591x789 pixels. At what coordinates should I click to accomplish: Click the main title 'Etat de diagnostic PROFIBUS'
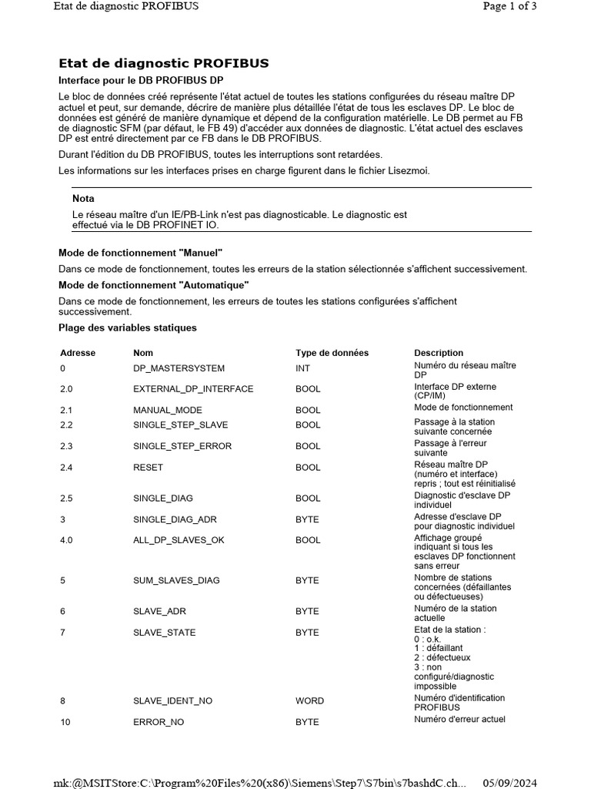tap(164, 63)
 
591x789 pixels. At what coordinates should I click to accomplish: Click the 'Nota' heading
tap(83, 199)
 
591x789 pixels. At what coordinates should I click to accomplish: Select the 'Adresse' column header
tap(78, 353)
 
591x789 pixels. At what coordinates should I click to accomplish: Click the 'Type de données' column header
tap(332, 353)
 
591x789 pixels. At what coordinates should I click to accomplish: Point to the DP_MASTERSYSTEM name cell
tap(179, 369)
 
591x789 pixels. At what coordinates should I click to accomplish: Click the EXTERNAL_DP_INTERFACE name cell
tap(193, 389)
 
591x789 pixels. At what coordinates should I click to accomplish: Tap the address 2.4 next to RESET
tap(66, 468)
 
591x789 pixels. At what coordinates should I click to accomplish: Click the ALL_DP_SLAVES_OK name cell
tap(179, 540)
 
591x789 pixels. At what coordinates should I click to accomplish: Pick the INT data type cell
tap(303, 369)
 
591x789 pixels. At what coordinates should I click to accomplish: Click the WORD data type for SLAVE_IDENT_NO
tap(309, 701)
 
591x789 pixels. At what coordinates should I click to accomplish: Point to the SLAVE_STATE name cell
tap(164, 633)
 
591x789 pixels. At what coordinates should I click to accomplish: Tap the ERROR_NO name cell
tap(159, 722)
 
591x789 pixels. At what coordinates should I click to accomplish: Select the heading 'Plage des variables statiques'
tap(128, 327)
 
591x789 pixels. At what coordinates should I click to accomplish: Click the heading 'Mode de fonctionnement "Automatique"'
tap(143, 285)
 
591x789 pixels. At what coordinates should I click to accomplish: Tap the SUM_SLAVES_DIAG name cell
tap(176, 580)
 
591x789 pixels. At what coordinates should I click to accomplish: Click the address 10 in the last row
tap(65, 722)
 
